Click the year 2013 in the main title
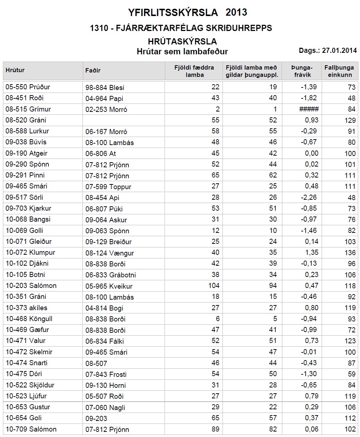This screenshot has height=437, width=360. tap(236, 12)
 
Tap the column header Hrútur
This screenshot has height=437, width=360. tap(15, 70)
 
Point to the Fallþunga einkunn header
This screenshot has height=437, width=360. tap(338, 71)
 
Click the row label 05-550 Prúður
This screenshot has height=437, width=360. tap(28, 87)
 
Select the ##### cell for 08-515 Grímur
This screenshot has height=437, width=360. tap(309, 109)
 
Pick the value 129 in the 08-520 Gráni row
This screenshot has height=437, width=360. tap(350, 120)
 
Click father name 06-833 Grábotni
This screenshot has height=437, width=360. tap(111, 275)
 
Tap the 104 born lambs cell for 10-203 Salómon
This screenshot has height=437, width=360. tap(214, 286)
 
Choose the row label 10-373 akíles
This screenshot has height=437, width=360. tap(27, 308)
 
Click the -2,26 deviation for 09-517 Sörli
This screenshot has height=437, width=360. tap(309, 198)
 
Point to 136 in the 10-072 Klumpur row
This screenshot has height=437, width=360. tap(350, 253)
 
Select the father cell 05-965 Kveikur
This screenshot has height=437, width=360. tap(109, 286)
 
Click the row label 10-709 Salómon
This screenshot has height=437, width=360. tap(31, 429)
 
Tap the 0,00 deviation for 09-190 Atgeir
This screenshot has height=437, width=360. tap(311, 153)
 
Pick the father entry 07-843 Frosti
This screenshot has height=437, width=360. tap(105, 374)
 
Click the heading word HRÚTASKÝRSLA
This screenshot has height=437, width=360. tap(182, 41)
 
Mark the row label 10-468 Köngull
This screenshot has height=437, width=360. tap(29, 319)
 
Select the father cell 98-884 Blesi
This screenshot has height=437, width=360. tap(105, 87)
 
